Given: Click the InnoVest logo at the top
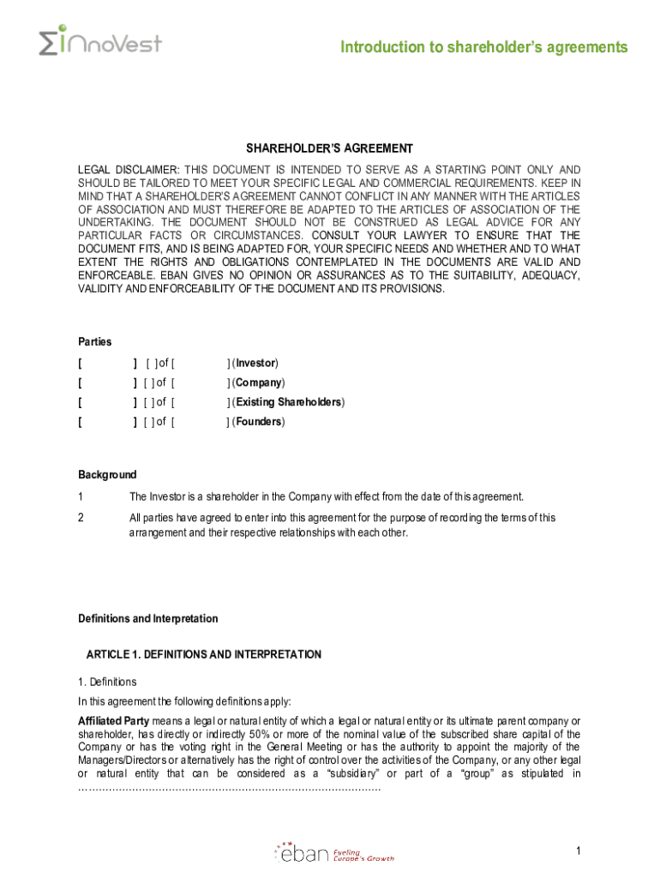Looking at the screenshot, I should (x=99, y=42).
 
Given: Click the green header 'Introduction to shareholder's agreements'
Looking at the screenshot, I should (x=483, y=47).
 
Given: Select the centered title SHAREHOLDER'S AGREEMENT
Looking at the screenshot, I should (x=330, y=148).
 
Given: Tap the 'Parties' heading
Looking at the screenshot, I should (x=95, y=342).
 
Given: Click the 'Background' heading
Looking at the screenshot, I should (x=107, y=475).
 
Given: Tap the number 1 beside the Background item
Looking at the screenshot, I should (x=81, y=496).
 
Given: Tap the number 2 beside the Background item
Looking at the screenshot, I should (x=81, y=518).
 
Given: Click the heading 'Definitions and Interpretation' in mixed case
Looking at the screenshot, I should (x=148, y=619).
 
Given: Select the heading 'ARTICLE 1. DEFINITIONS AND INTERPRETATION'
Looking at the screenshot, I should (x=204, y=655).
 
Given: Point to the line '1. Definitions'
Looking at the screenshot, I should (x=107, y=683).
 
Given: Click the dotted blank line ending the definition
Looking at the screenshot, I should (x=229, y=787).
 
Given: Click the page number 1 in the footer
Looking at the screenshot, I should (x=579, y=851).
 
